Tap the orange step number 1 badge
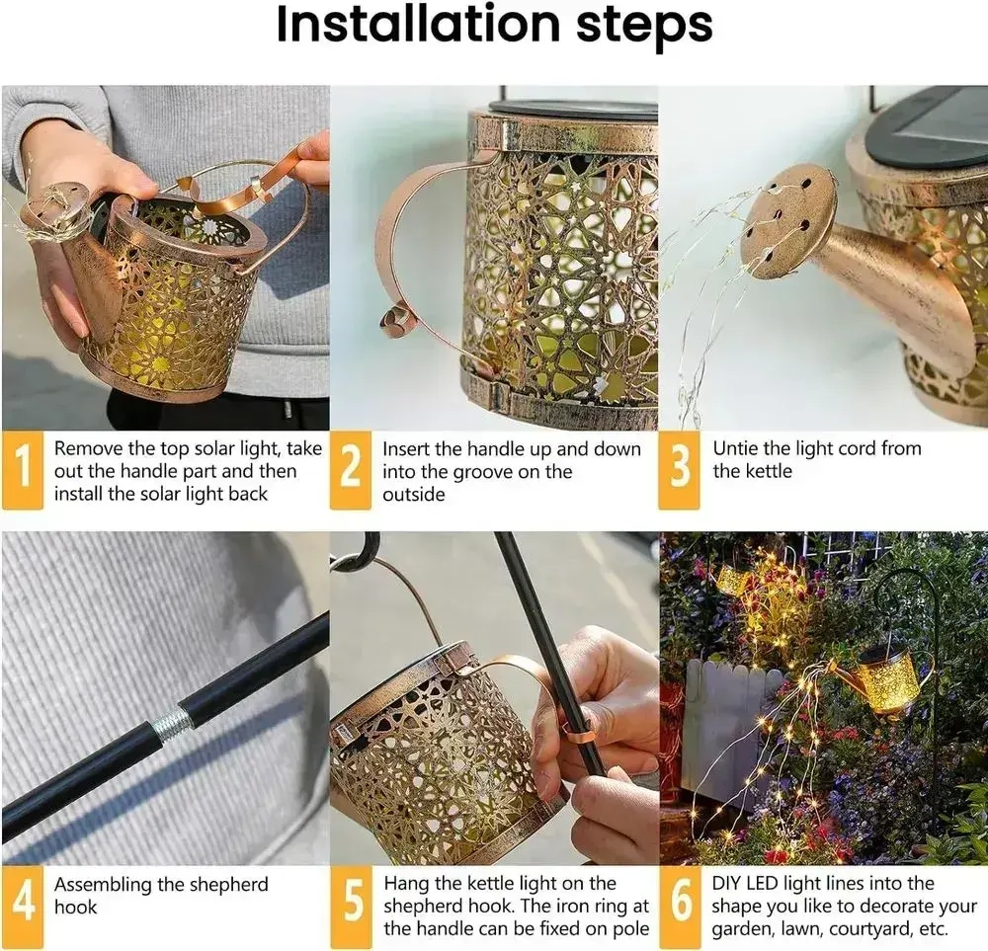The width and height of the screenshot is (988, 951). point(23,469)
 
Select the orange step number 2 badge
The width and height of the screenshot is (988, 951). point(351,469)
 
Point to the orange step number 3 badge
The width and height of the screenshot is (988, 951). point(680,469)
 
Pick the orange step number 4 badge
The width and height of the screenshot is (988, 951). point(23,906)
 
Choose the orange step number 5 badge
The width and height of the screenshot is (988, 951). point(351,906)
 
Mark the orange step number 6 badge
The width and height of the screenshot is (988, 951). point(681,906)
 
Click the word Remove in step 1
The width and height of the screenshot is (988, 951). point(88,448)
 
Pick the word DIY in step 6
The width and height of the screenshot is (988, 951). point(726,884)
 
